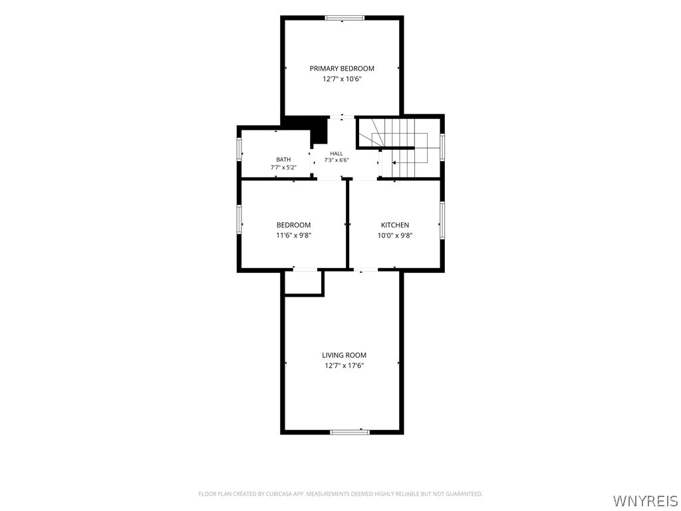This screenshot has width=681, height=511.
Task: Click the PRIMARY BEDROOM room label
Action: (342, 69)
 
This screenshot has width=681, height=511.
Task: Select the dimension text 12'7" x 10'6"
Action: (342, 79)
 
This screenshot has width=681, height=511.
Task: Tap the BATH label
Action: (283, 160)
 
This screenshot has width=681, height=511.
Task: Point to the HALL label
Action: (337, 154)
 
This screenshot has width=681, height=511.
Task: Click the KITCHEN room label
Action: (395, 225)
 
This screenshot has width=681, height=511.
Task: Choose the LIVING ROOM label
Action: (344, 355)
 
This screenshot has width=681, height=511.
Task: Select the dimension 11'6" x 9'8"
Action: (293, 236)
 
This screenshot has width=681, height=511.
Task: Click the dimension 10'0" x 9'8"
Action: (395, 236)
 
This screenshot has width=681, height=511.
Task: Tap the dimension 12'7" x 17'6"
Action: (344, 366)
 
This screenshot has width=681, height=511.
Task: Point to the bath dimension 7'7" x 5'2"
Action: (283, 167)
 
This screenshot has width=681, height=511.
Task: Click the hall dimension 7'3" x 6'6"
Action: (337, 160)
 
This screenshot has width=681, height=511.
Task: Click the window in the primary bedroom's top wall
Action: (345, 18)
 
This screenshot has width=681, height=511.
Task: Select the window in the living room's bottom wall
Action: (350, 432)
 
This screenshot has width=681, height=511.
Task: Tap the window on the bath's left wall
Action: (239, 149)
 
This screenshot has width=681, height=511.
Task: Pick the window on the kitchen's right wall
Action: (442, 220)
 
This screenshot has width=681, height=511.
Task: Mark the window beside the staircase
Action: (442, 147)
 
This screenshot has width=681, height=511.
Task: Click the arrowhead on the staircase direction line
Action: (394, 163)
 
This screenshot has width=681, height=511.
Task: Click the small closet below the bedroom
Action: (303, 282)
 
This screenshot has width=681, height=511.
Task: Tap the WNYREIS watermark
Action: (645, 500)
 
